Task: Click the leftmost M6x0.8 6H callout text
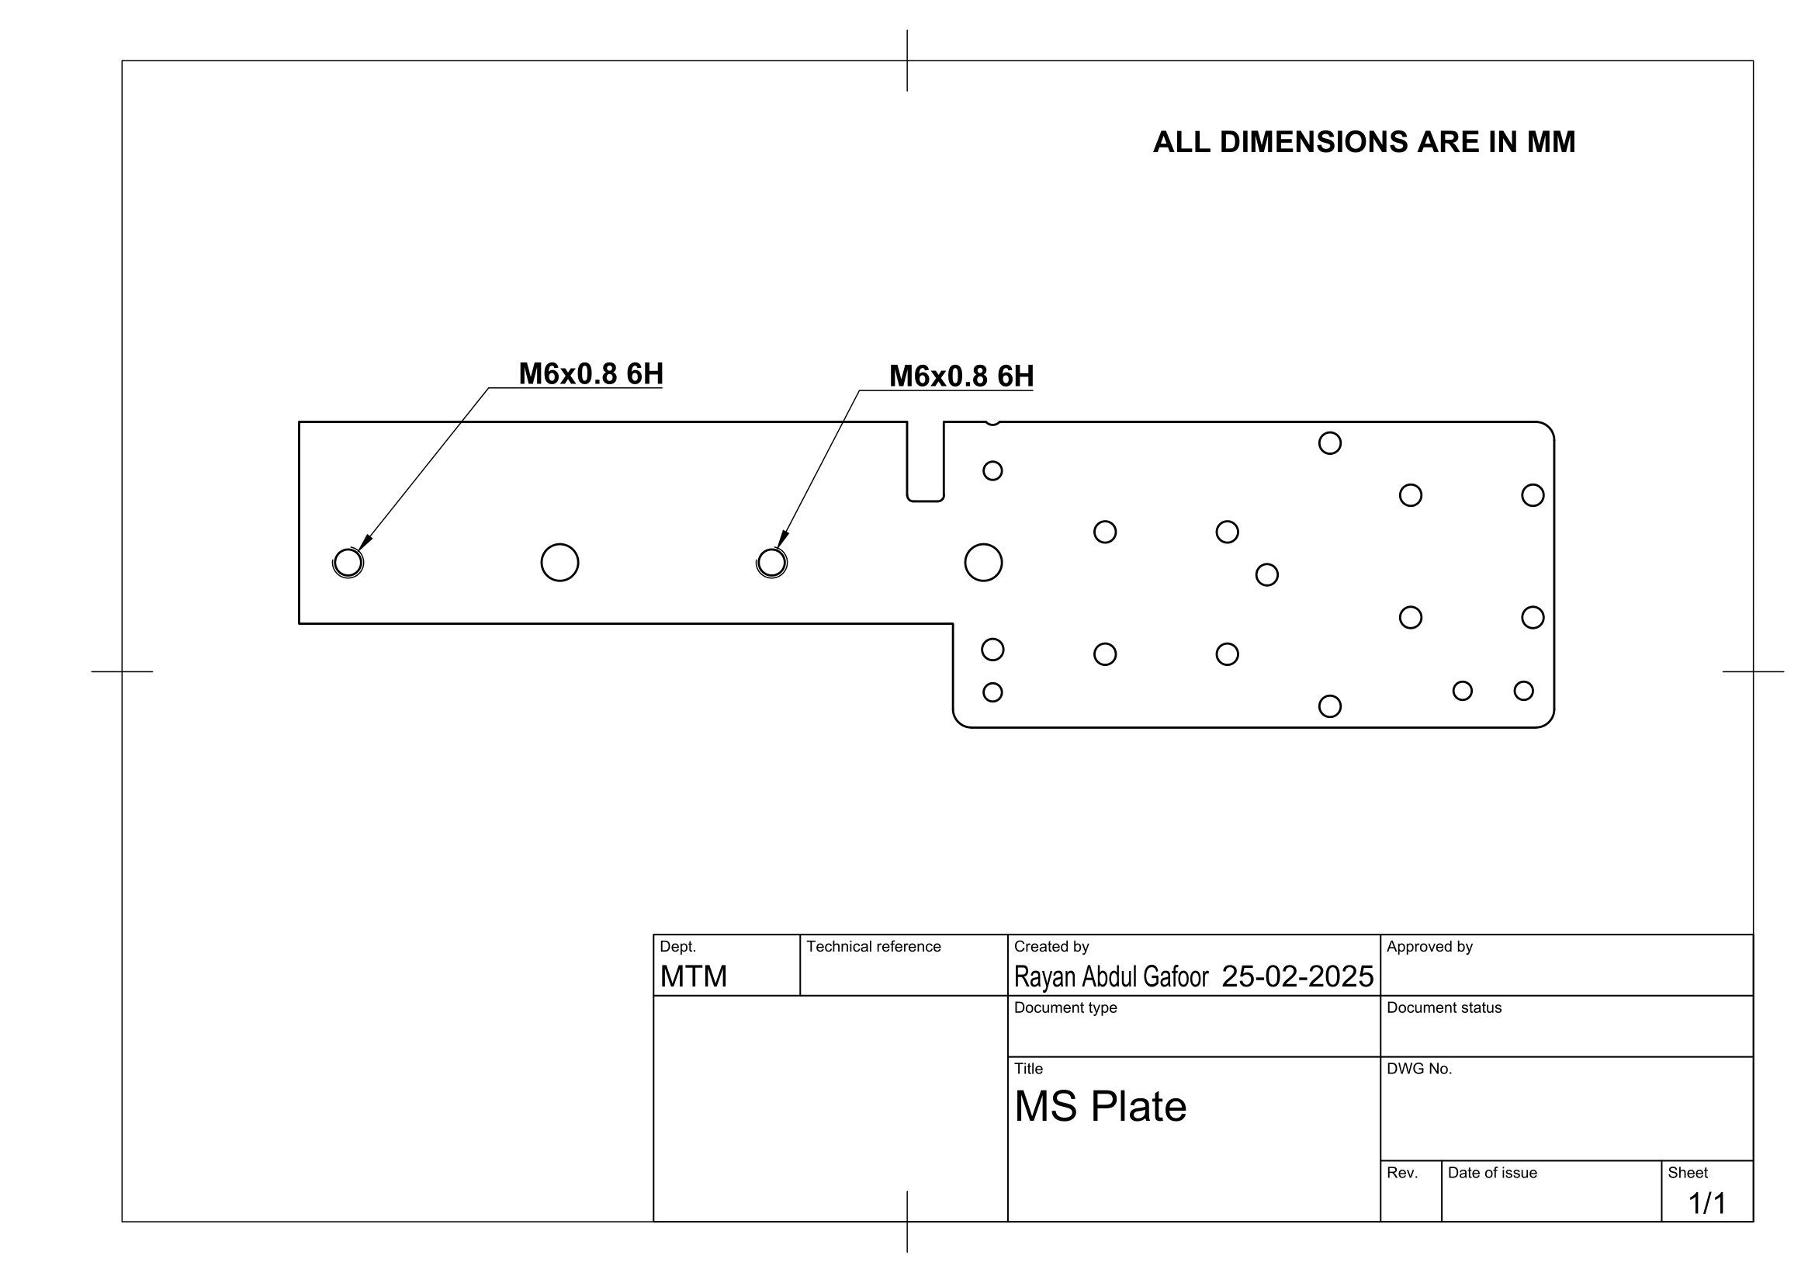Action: tap(591, 374)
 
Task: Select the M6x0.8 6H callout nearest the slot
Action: tap(961, 376)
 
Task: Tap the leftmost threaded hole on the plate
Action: tap(348, 563)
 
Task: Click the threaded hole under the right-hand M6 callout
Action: tap(771, 563)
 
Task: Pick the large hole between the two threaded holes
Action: tap(559, 563)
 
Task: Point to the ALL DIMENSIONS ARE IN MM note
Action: tap(1363, 142)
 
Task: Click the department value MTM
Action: tap(693, 977)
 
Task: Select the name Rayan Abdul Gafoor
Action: tap(1110, 977)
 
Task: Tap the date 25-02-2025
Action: tap(1297, 977)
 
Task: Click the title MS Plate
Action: tap(1100, 1107)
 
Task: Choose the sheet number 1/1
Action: tap(1706, 1204)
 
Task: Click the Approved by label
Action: tap(1429, 947)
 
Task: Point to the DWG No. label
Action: tap(1419, 1070)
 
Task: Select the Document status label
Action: tap(1443, 1008)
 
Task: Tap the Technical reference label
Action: tap(873, 947)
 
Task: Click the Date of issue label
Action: tap(1491, 1173)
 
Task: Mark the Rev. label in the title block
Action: tap(1401, 1173)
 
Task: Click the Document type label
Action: tap(1065, 1008)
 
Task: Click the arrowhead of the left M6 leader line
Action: tap(365, 544)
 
